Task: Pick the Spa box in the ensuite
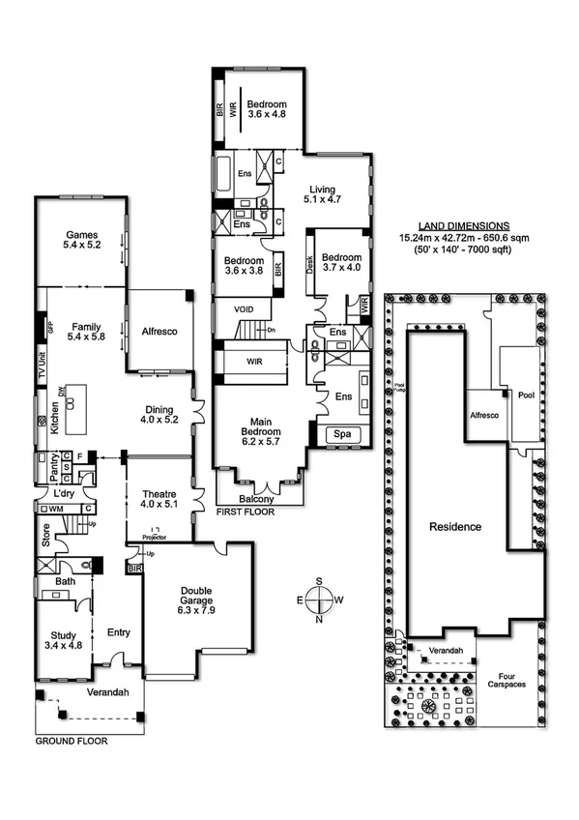[x=342, y=435]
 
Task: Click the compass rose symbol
[x=319, y=600]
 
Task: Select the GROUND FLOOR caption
[x=72, y=742]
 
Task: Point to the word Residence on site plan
[x=455, y=527]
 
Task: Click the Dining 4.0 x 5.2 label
[x=159, y=415]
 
